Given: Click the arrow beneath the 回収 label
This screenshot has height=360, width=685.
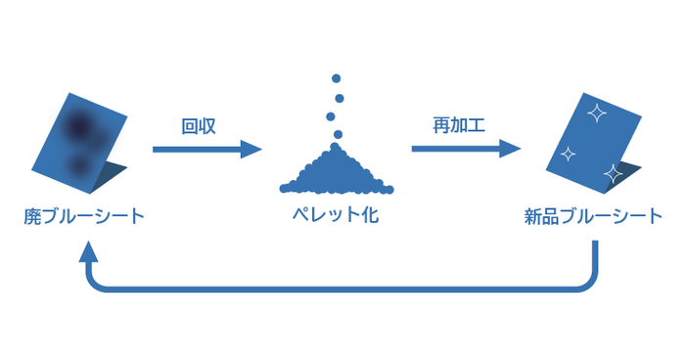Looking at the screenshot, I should coord(206,149).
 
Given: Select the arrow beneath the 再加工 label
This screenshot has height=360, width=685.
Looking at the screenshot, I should coord(465,149).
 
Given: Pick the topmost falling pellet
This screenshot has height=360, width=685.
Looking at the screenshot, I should coord(336,77).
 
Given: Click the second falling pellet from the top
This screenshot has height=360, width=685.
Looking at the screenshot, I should coord(339,97).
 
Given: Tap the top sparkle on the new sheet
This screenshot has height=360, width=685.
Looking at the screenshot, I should coord(594,113).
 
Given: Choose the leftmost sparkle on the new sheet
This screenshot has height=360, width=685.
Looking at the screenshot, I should coord(566,154).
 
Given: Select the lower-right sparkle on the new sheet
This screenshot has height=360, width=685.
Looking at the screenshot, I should coord(613,173).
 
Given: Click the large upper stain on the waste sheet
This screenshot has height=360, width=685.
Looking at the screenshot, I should coord(79,124).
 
